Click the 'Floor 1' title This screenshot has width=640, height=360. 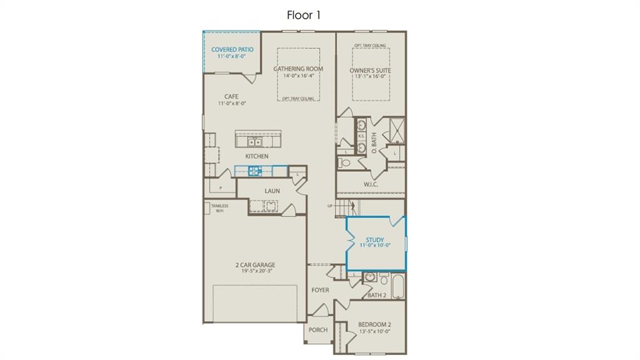tap(304, 15)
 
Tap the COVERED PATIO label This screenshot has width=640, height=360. tap(232, 49)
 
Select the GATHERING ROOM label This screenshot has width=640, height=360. tap(298, 69)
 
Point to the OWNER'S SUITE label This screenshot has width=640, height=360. tap(370, 71)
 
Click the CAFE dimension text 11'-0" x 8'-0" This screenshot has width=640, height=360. tap(232, 104)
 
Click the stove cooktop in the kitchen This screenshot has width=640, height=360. tap(256, 170)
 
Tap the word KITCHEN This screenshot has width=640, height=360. tap(256, 156)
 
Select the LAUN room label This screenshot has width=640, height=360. tap(272, 191)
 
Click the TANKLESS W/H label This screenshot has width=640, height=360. tap(219, 208)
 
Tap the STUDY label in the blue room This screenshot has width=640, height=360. tap(375, 239)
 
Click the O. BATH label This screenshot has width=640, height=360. tap(373, 147)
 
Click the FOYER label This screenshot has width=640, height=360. tap(320, 290)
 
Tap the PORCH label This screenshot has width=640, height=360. tap(318, 330)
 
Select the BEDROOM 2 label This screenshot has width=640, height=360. tap(374, 324)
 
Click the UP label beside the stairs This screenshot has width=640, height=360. tap(329, 206)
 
